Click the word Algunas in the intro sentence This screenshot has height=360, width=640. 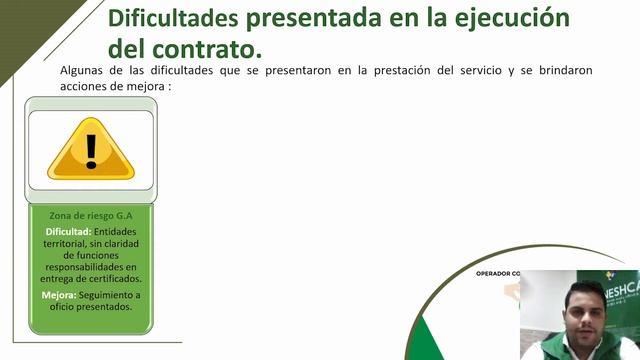tap(82, 71)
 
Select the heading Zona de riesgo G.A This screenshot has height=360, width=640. tap(91, 215)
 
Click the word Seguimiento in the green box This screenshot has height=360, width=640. tap(111, 295)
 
